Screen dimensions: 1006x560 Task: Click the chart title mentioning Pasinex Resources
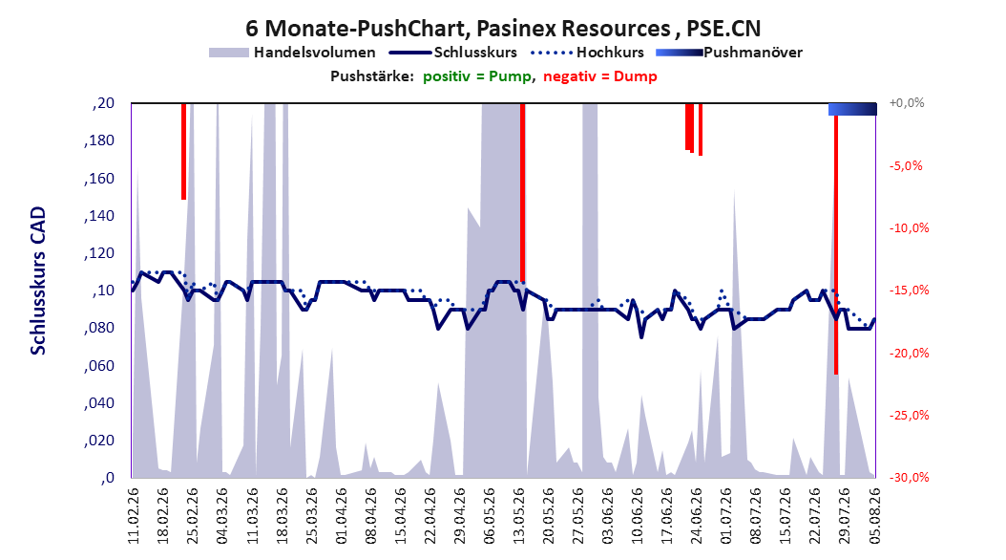pos(503,29)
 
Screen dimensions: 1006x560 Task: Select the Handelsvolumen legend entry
pos(293,53)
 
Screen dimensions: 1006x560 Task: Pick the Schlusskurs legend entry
pos(453,53)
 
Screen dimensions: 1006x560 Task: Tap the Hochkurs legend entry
pos(588,53)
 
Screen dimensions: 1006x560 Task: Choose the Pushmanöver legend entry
pos(729,53)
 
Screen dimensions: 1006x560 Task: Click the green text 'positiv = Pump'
pos(477,76)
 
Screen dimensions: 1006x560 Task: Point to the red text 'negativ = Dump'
pos(600,76)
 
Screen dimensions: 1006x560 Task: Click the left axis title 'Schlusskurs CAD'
pos(38,281)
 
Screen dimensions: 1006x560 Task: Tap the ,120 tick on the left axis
pos(99,253)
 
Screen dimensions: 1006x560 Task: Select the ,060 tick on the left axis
pos(99,366)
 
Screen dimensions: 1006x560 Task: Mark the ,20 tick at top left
pos(103,103)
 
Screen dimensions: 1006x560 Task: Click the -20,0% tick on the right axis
pos(909,354)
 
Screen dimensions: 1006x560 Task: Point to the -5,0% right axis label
pos(906,165)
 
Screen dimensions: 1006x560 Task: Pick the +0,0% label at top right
pos(907,103)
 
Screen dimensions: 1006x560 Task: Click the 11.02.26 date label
pos(134,516)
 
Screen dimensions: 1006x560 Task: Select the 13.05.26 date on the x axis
pos(519,516)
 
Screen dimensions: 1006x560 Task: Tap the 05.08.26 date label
pos(874,516)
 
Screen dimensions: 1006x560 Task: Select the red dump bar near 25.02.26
pos(183,152)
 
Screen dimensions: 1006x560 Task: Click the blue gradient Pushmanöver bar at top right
pos(852,109)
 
